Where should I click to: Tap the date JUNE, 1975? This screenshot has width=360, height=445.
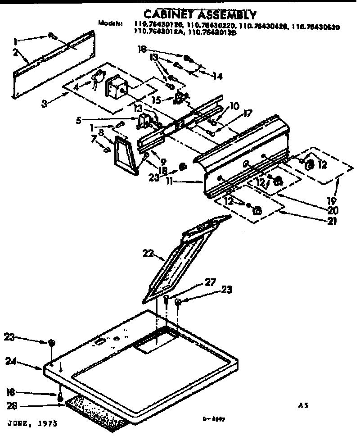pos(32,424)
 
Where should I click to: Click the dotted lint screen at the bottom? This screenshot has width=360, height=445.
pos(94,412)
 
